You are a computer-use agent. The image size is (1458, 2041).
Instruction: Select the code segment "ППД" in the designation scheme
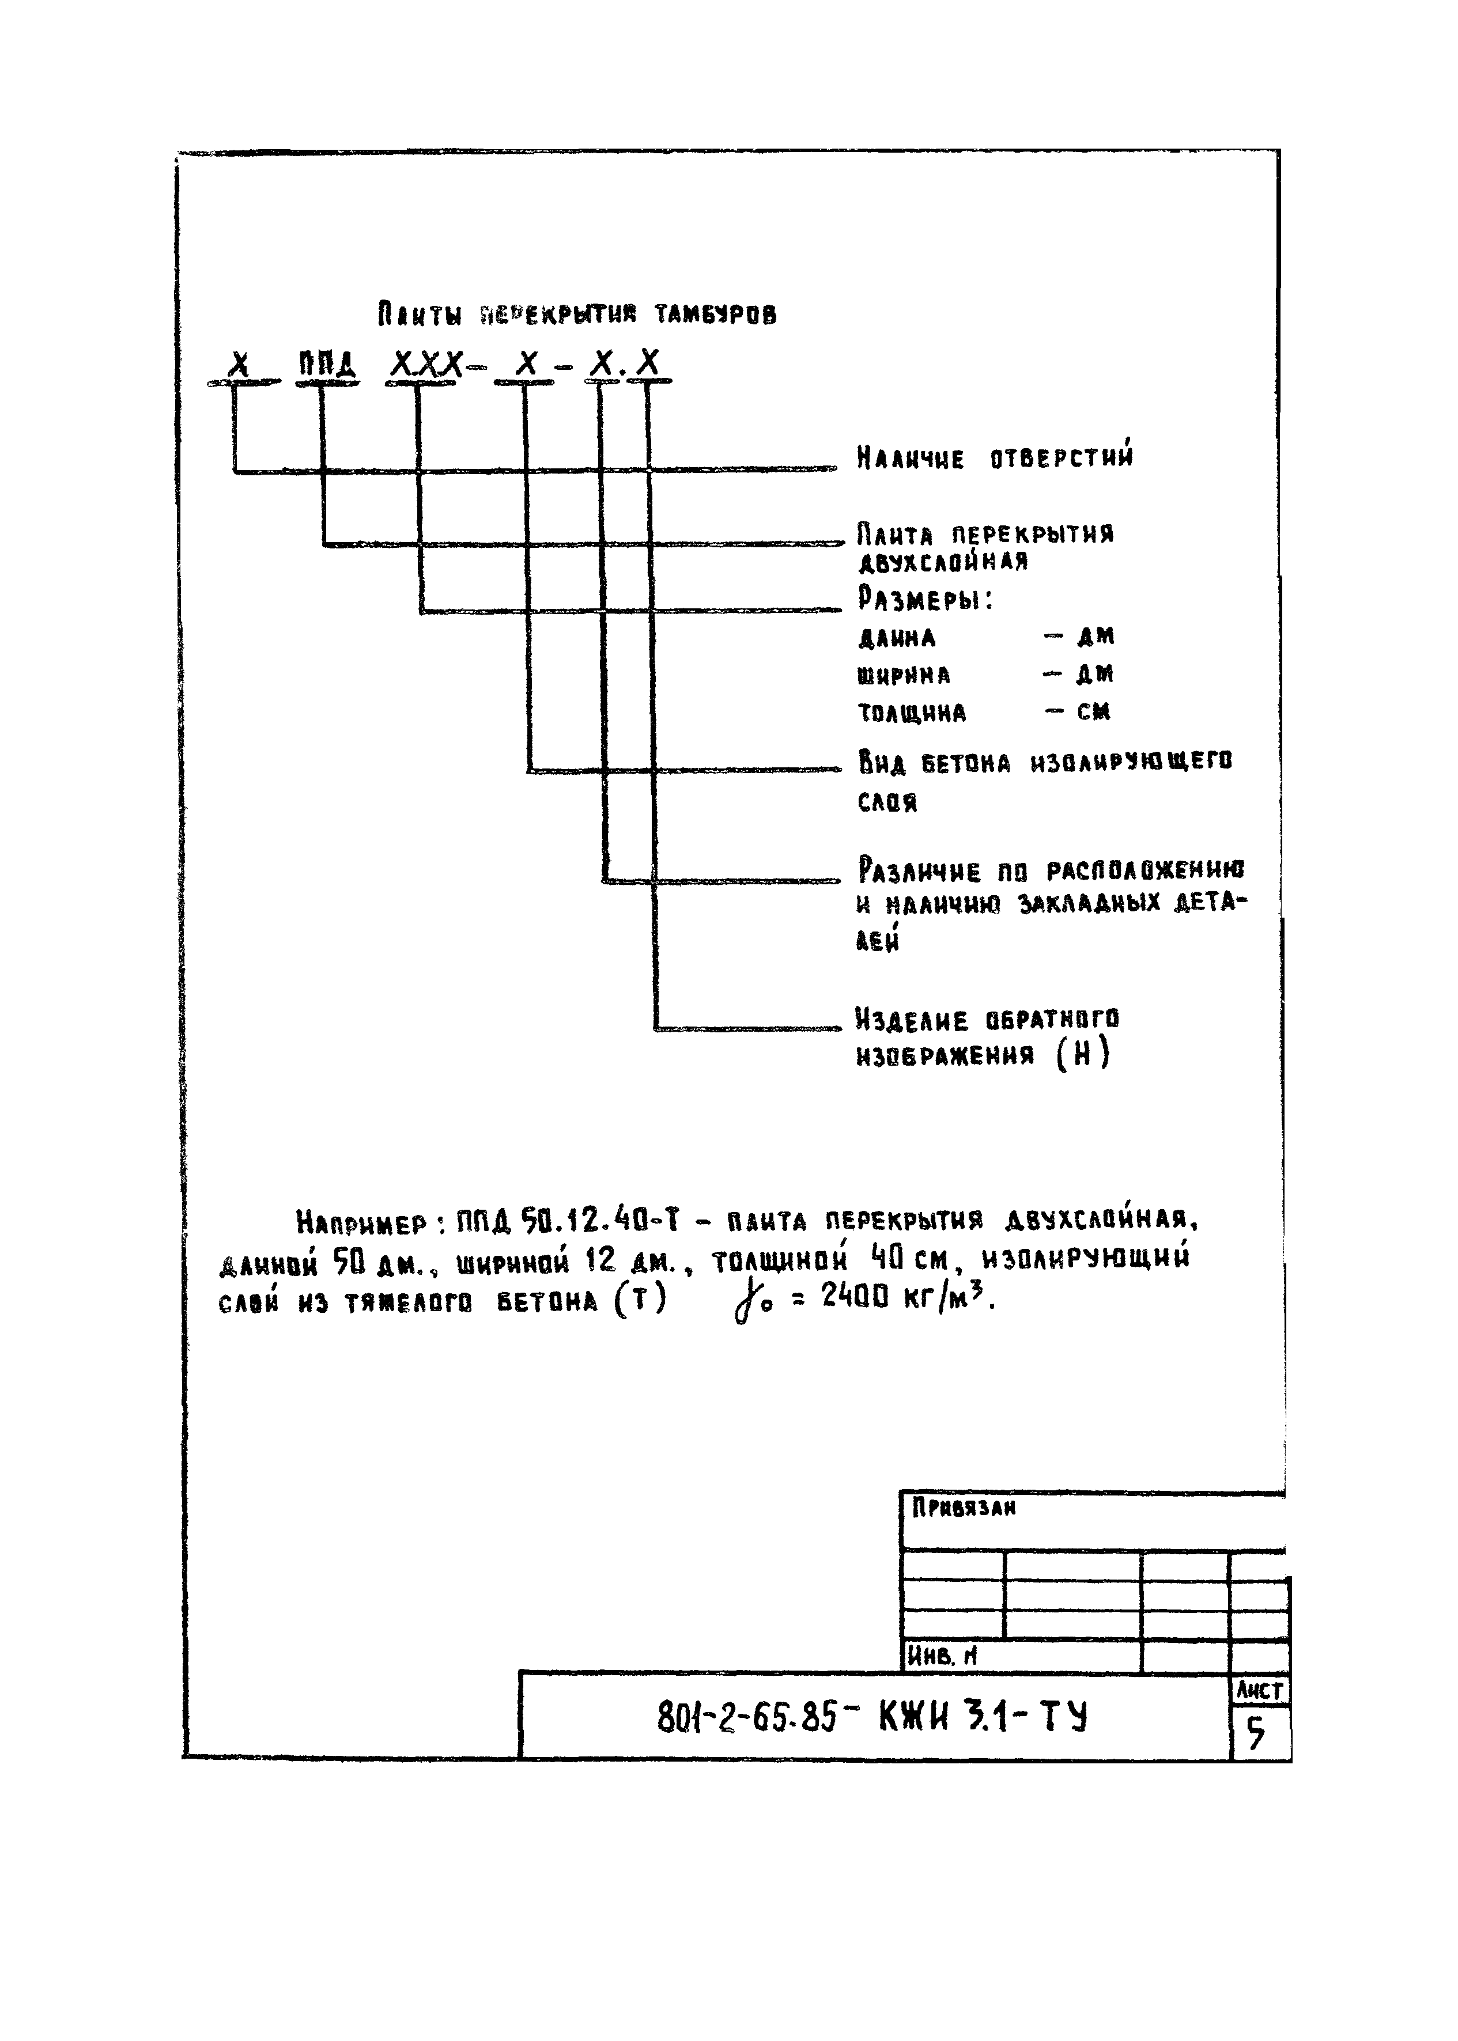(x=327, y=365)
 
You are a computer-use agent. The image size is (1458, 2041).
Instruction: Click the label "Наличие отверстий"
(x=995, y=459)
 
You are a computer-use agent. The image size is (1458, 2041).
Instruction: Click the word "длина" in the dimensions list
(x=897, y=638)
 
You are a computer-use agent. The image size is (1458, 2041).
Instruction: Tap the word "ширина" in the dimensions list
(x=903, y=675)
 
